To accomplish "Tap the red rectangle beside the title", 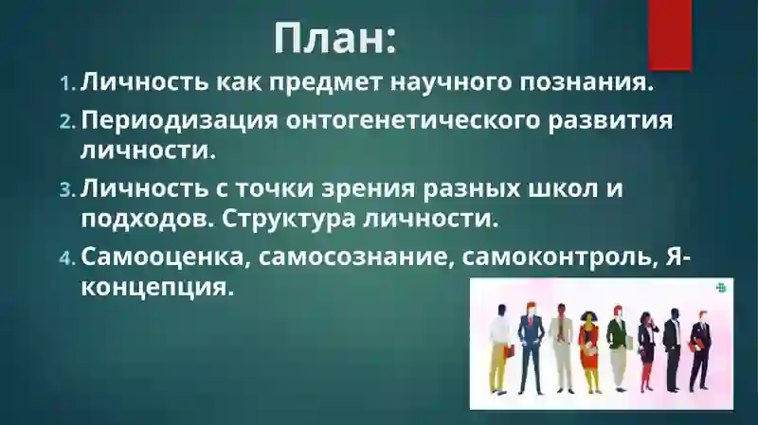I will [x=669, y=33].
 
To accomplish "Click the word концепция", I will [x=156, y=286].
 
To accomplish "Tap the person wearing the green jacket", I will [x=617, y=345].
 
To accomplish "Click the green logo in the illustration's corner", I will [x=721, y=288].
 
